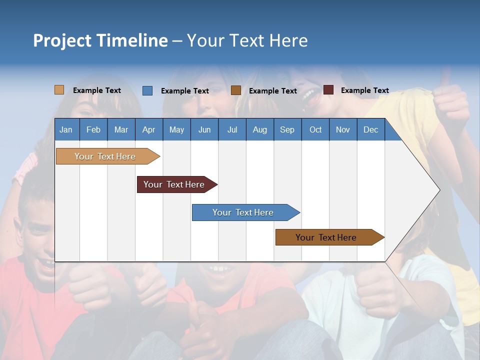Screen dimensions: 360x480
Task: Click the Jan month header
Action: coord(66,129)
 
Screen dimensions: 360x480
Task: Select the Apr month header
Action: coord(148,129)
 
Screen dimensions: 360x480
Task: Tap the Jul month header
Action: coord(232,129)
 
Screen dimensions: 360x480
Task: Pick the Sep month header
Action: coord(287,129)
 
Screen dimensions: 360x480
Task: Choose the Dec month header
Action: coord(370,129)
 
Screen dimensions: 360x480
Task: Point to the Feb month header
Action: coord(93,129)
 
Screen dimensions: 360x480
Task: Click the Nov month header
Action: coord(342,129)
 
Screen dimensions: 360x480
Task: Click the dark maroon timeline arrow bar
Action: coord(175,184)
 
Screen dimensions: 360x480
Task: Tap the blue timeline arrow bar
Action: coord(244,212)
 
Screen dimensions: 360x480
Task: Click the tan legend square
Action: coord(59,90)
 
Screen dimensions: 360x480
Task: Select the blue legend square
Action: coord(147,90)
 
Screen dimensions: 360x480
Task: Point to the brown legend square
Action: coord(236,90)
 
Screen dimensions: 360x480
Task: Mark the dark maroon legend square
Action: coord(328,90)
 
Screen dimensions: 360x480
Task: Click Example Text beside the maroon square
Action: coord(364,90)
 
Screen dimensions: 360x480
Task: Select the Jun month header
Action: coord(204,129)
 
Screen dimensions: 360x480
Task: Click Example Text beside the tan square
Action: coord(96,90)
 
